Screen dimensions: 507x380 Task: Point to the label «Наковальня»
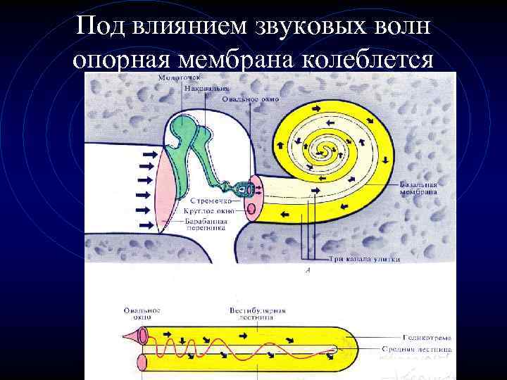click(x=201, y=88)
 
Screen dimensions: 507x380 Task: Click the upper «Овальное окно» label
click(x=250, y=99)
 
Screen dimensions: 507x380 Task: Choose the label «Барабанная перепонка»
click(x=206, y=223)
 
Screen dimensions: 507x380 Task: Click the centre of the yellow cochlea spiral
click(x=325, y=148)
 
